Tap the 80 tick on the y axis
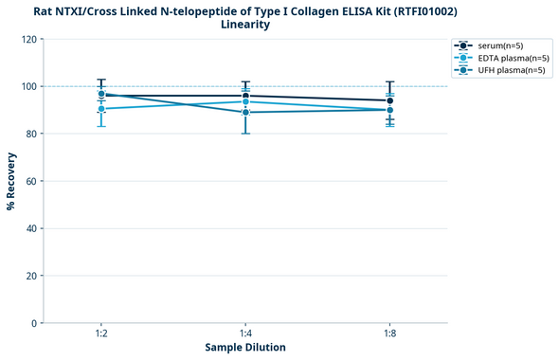tap(29, 134)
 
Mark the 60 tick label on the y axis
tap(29, 181)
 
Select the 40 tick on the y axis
tap(29, 228)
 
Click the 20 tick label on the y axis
tap(29, 276)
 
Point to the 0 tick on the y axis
tap(32, 323)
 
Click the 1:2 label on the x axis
tap(101, 334)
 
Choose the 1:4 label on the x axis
tap(245, 334)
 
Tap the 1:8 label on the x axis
tap(389, 334)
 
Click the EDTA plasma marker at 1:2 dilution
tap(101, 109)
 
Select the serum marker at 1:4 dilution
tap(245, 96)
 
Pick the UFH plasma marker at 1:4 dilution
tap(245, 113)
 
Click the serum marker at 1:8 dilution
tap(389, 100)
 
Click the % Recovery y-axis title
tap(11, 181)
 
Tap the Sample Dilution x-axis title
tap(245, 348)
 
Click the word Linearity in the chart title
tap(245, 25)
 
